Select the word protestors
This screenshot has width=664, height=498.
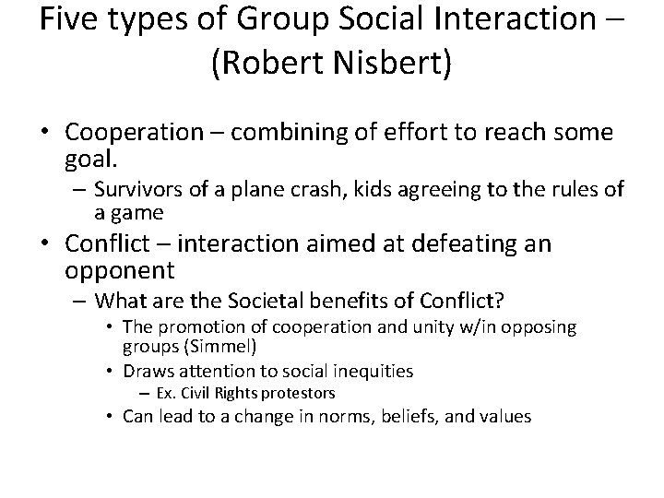tap(277, 394)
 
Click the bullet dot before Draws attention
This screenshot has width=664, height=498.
tap(110, 372)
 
